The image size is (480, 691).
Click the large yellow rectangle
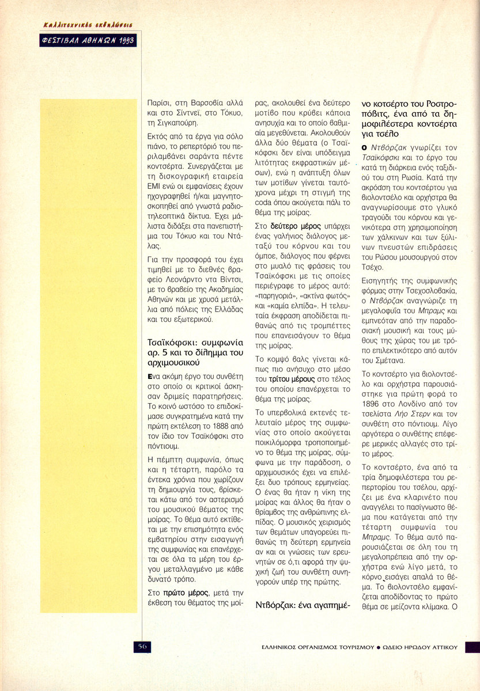88,355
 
